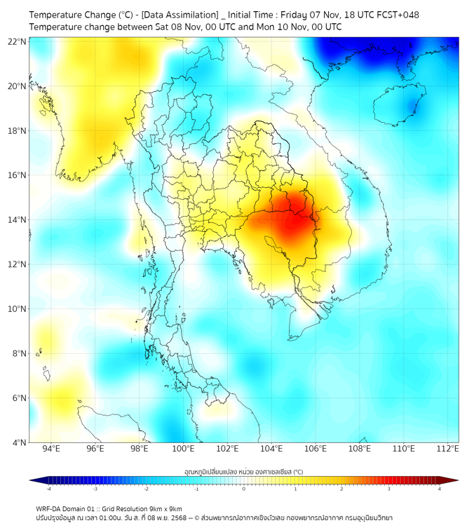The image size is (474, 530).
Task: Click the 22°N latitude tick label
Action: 18,41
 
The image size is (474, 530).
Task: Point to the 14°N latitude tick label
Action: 18,219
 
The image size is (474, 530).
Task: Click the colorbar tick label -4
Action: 48,489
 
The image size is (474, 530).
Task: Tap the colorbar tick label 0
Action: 244,489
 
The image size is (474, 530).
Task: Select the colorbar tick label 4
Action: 440,489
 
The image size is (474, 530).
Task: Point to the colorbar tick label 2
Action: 341,489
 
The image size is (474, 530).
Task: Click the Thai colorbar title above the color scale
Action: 243,472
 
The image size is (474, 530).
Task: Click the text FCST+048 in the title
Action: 396,14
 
